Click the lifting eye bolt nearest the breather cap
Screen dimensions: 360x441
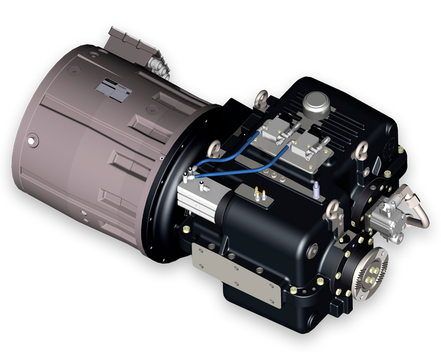pos(260,100)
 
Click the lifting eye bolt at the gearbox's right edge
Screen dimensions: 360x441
pos(365,149)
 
